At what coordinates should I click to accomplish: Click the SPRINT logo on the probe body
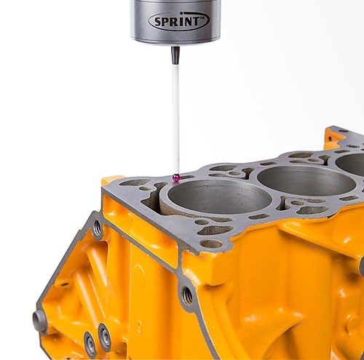pos(179,21)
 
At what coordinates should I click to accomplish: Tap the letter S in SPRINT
pos(158,22)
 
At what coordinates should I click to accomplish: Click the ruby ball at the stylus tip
pos(176,177)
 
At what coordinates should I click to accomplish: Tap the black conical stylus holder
pos(175,55)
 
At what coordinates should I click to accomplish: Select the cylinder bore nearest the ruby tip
pos(219,197)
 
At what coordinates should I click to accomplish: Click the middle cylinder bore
pos(306,181)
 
